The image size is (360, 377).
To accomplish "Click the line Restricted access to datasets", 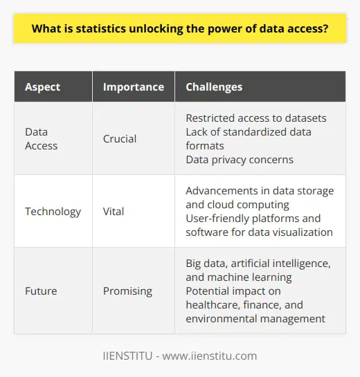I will click(255, 118).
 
